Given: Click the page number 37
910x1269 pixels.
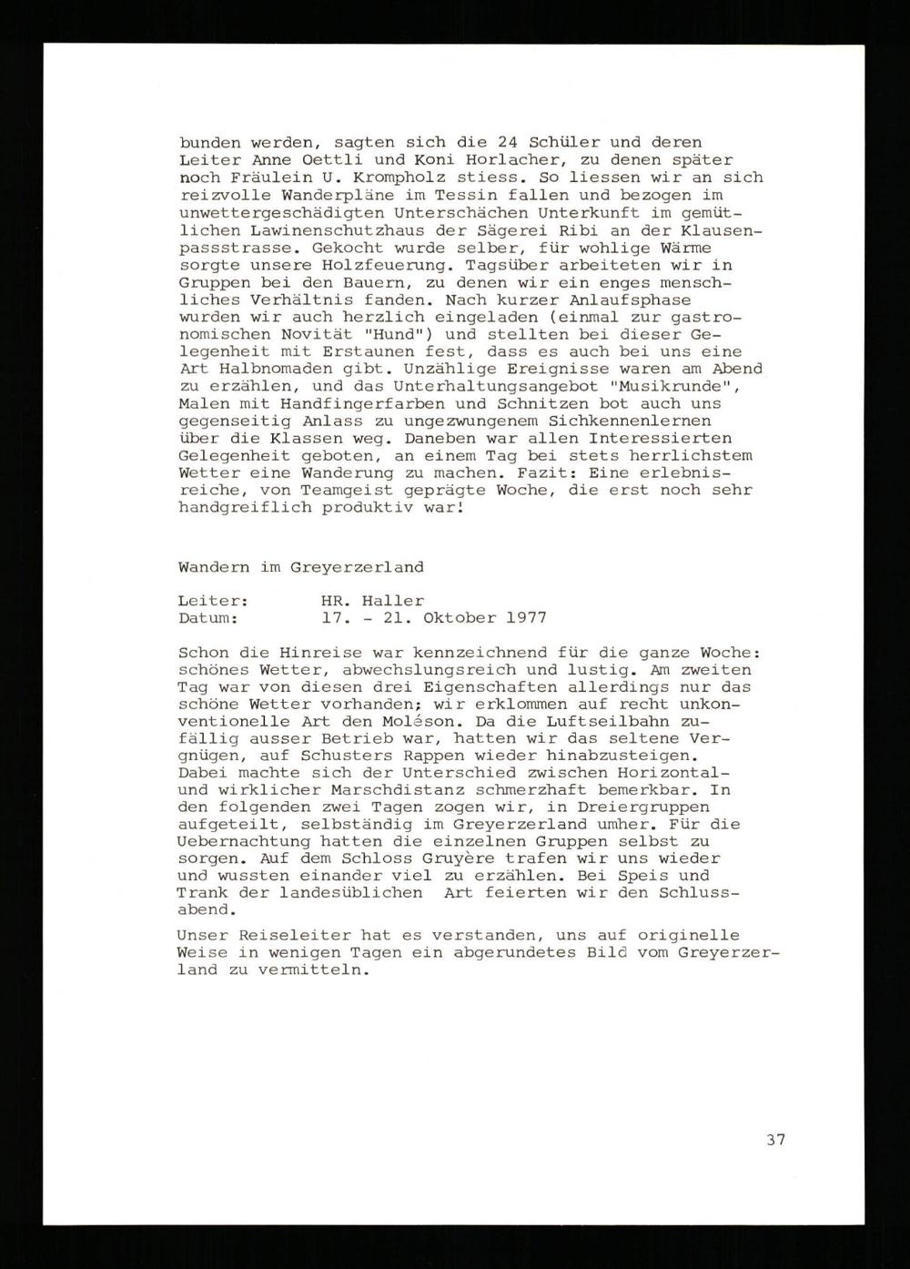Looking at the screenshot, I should [x=775, y=1139].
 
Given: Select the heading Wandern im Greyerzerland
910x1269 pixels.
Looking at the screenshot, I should [x=300, y=566].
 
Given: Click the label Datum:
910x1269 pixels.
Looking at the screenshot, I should [x=209, y=618].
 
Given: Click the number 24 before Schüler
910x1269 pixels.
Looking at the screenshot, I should [x=508, y=143].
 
